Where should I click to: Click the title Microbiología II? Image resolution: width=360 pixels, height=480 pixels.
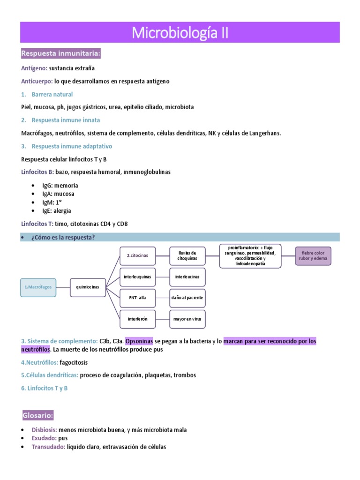(x=180, y=33)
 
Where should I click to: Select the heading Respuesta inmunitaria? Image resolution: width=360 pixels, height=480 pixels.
(x=61, y=54)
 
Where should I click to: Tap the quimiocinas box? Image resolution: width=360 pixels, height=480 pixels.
(x=88, y=286)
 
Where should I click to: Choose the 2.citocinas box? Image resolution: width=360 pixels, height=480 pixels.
(x=137, y=255)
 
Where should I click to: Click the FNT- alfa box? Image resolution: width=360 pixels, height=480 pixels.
(x=137, y=298)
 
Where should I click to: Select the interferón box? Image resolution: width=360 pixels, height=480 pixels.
(x=137, y=319)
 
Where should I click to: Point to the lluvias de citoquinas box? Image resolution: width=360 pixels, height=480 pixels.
(x=187, y=255)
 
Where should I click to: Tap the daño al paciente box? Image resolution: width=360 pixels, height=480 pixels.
(x=187, y=298)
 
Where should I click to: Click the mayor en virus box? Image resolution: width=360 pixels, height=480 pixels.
(x=187, y=319)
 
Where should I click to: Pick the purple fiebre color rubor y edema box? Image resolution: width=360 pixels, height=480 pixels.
(x=314, y=256)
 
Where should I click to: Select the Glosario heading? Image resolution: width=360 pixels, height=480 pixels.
(x=38, y=415)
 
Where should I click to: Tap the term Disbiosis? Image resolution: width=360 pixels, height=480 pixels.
(x=45, y=430)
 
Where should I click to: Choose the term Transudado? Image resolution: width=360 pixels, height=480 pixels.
(x=48, y=447)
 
